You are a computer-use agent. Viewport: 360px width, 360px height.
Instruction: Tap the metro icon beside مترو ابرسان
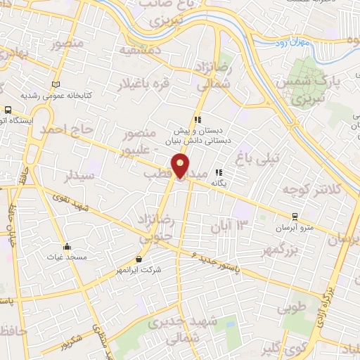[x=295, y=217]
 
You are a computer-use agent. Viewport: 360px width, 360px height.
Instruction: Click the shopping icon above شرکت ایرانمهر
[x=138, y=259]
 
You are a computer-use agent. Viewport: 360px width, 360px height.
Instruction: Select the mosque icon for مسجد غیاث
[x=67, y=247]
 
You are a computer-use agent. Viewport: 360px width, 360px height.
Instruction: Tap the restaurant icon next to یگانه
[x=219, y=172]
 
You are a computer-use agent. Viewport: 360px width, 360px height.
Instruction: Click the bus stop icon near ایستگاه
[x=8, y=110]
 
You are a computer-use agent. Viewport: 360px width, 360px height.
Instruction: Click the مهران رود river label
[x=311, y=44]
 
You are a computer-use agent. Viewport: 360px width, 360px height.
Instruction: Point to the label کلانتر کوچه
[x=310, y=190]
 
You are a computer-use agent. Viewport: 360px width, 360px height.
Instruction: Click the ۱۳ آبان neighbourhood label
[x=229, y=225]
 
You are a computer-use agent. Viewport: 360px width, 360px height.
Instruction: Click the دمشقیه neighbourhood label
[x=141, y=51]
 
